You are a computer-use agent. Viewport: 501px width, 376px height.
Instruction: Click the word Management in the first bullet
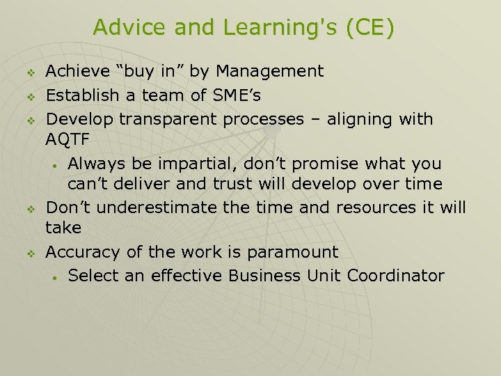270,71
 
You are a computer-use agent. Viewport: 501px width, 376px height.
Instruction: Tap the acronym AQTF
67,139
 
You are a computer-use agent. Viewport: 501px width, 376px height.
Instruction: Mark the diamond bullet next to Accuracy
31,253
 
